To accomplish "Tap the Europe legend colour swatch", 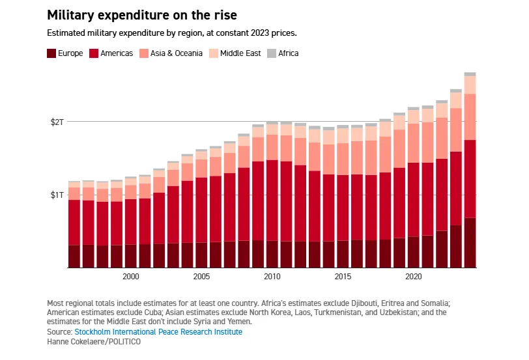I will click(x=51, y=53).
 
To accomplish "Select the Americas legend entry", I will click(x=111, y=53).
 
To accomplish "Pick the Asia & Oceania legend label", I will click(x=175, y=53).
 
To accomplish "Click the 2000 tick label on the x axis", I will click(x=131, y=277).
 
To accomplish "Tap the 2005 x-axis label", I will click(x=201, y=277).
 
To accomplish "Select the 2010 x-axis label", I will click(x=272, y=277).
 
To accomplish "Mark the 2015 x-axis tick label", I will click(x=343, y=277).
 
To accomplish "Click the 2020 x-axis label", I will click(x=413, y=277).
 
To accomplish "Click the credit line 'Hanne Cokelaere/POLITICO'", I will click(x=94, y=342).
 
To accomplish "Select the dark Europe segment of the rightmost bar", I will click(x=470, y=242).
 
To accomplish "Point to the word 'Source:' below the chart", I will click(x=59, y=332).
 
